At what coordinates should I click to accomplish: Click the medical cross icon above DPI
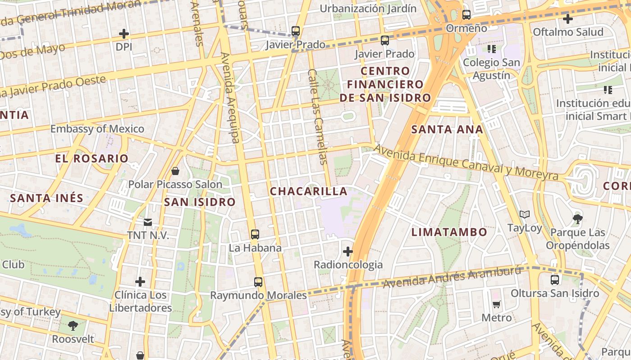click(123, 34)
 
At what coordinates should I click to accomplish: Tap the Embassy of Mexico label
click(97, 129)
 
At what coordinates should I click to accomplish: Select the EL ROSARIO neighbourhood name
click(92, 158)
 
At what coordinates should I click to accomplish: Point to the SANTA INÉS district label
click(47, 198)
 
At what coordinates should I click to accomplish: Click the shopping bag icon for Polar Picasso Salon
click(175, 171)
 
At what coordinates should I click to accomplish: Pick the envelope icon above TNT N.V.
click(148, 222)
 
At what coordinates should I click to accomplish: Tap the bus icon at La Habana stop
click(255, 234)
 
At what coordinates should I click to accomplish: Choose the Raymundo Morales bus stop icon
click(258, 282)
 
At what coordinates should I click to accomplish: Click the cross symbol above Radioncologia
click(348, 252)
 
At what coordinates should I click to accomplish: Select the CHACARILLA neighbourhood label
click(309, 191)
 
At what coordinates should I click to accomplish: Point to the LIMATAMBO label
click(449, 232)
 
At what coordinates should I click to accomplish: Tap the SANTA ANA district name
click(447, 130)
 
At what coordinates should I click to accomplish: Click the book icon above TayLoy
click(525, 215)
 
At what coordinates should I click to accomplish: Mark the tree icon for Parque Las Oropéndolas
click(578, 219)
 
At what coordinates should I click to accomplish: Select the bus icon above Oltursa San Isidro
click(555, 280)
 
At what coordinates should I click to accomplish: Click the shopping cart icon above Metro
click(497, 305)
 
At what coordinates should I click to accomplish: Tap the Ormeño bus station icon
click(466, 15)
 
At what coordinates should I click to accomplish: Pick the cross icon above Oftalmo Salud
click(568, 19)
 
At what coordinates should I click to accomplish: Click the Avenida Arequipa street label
click(230, 98)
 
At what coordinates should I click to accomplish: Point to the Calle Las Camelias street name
click(316, 116)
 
